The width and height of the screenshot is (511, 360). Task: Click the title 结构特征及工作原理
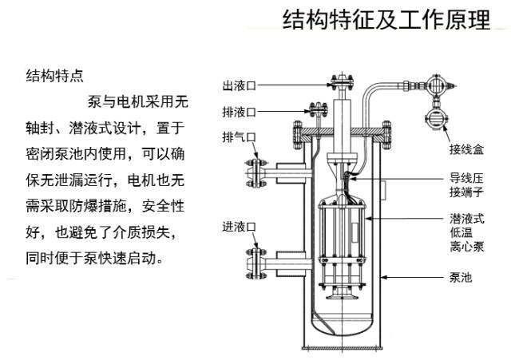[386, 21]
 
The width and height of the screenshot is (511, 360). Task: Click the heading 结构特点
[55, 77]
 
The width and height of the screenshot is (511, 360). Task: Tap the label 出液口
[238, 85]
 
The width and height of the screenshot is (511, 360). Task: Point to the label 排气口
[238, 138]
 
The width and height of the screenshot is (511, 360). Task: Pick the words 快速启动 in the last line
[133, 259]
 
